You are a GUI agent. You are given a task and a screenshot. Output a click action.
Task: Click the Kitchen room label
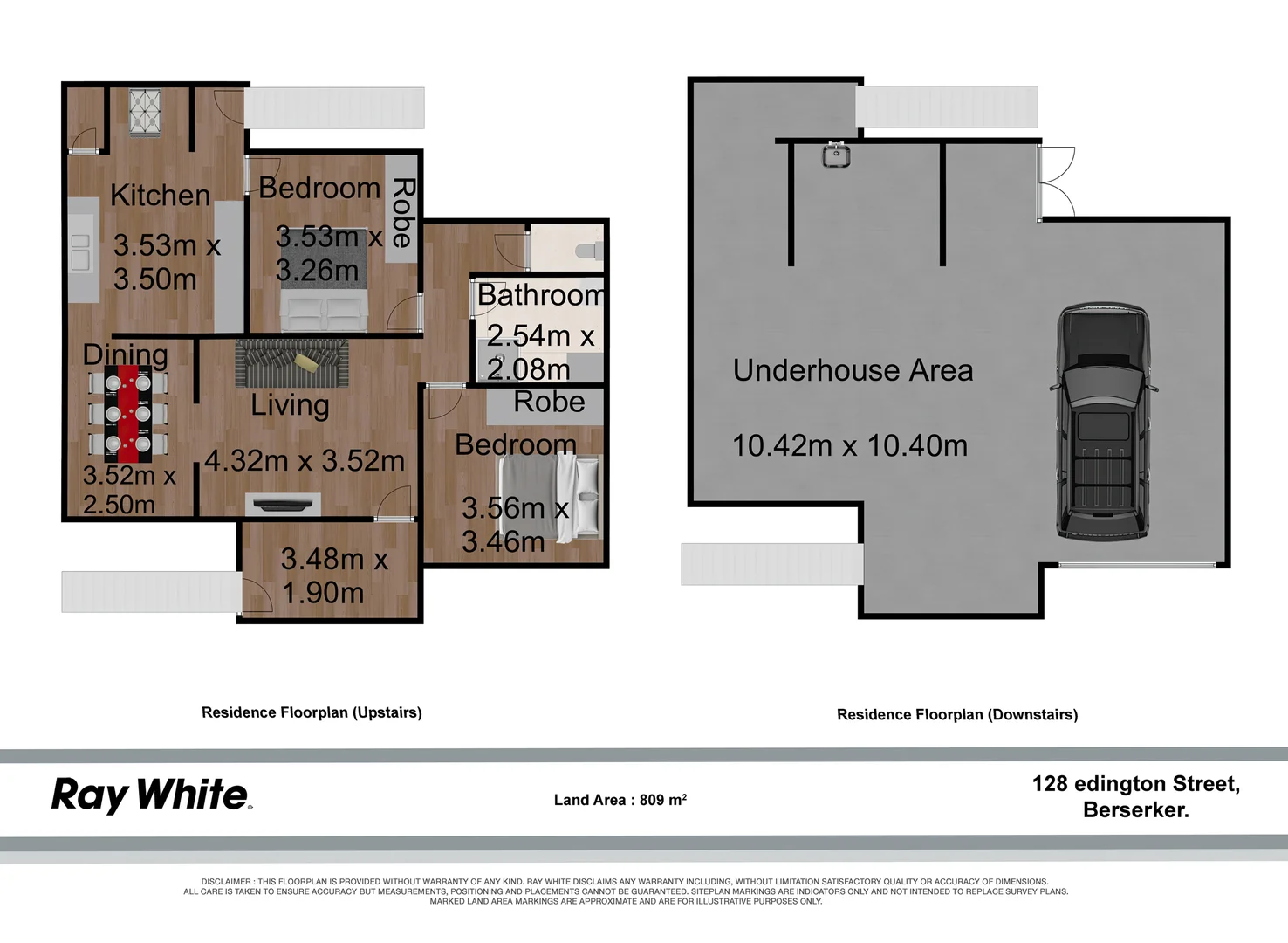click(x=161, y=195)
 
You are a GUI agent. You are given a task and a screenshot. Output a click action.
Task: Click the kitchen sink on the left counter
click(x=80, y=251)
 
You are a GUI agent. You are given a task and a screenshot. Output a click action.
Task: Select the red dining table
click(x=128, y=414)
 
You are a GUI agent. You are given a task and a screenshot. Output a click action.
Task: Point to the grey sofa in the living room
click(x=291, y=363)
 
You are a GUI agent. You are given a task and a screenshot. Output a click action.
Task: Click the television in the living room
click(x=283, y=503)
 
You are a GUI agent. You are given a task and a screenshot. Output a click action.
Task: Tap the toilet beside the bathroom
click(x=589, y=251)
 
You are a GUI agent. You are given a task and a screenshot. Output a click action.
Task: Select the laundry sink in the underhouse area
click(x=836, y=155)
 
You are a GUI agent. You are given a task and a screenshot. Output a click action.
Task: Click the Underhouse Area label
click(x=853, y=370)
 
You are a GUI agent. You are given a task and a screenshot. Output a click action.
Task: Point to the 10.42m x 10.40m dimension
click(x=850, y=445)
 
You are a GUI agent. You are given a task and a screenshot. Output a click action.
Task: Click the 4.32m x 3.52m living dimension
click(x=305, y=460)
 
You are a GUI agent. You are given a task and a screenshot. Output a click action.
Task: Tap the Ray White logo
click(x=151, y=795)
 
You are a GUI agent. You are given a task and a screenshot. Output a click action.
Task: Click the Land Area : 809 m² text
click(x=620, y=800)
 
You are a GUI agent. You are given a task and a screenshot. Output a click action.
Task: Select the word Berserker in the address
click(x=1135, y=809)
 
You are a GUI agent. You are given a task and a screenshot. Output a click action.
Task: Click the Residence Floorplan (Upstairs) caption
click(x=312, y=712)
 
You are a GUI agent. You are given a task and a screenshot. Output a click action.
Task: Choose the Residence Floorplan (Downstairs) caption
click(x=957, y=714)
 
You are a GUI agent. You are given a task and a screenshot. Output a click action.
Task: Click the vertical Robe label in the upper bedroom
click(x=402, y=212)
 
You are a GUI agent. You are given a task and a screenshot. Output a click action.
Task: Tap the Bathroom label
click(x=540, y=295)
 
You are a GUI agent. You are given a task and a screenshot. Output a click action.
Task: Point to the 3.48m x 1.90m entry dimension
click(x=332, y=575)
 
